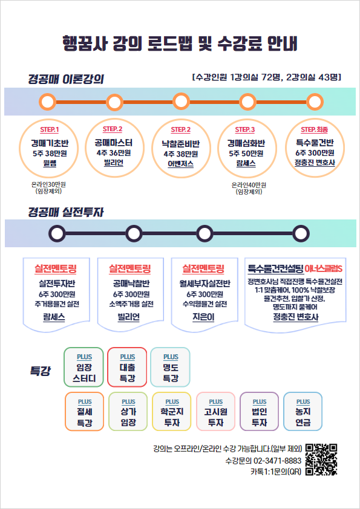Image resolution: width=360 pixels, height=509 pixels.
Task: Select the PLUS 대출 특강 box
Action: point(127,367)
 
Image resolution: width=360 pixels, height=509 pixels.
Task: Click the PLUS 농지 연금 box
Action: point(303,411)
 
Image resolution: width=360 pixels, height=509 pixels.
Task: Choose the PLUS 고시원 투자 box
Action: point(216,411)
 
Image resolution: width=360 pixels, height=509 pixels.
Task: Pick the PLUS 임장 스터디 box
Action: point(84,367)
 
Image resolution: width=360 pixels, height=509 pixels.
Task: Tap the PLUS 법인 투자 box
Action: point(260,411)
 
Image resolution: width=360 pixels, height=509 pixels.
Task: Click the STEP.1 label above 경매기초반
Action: point(50,130)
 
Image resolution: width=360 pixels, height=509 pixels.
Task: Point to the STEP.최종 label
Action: point(314,129)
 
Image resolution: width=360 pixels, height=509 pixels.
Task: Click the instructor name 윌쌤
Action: point(50,163)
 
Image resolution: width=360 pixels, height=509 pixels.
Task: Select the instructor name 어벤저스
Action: point(181,164)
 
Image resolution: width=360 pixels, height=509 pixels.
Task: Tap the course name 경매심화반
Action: point(246,143)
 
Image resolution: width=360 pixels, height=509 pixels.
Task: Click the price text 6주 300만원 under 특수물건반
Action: point(315,153)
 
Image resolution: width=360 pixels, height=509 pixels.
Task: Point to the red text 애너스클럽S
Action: point(324,269)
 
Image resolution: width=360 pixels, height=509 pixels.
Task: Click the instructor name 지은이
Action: point(203,317)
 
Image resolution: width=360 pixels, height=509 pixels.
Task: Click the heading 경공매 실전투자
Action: point(65,212)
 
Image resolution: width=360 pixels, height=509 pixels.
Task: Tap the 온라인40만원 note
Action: point(249,185)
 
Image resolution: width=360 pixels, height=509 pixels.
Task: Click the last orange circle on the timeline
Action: point(315,102)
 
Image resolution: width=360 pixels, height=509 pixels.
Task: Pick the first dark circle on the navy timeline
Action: point(57,233)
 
